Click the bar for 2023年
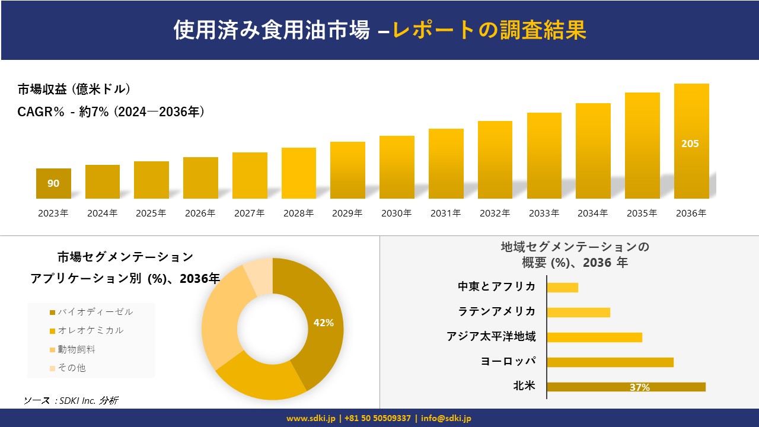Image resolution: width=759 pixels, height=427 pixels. [53, 183]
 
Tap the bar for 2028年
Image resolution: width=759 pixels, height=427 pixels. [298, 173]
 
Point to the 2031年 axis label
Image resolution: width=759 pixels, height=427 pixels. [445, 213]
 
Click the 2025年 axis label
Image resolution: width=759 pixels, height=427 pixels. [151, 213]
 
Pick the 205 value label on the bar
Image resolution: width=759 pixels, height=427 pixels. [690, 144]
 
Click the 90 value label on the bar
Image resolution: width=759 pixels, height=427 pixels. [53, 183]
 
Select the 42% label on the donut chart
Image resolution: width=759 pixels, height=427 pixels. [323, 323]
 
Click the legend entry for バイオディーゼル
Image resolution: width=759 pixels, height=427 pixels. [91, 312]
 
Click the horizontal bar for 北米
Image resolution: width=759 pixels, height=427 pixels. [626, 387]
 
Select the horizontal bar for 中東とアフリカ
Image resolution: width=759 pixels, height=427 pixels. [562, 287]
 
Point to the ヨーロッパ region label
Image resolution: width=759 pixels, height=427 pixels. [508, 361]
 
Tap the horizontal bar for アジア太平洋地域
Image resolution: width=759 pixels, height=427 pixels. [594, 337]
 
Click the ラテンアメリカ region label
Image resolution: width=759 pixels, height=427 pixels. [496, 311]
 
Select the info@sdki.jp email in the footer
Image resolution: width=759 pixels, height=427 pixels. [446, 418]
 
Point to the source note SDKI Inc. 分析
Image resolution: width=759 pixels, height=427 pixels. [71, 400]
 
